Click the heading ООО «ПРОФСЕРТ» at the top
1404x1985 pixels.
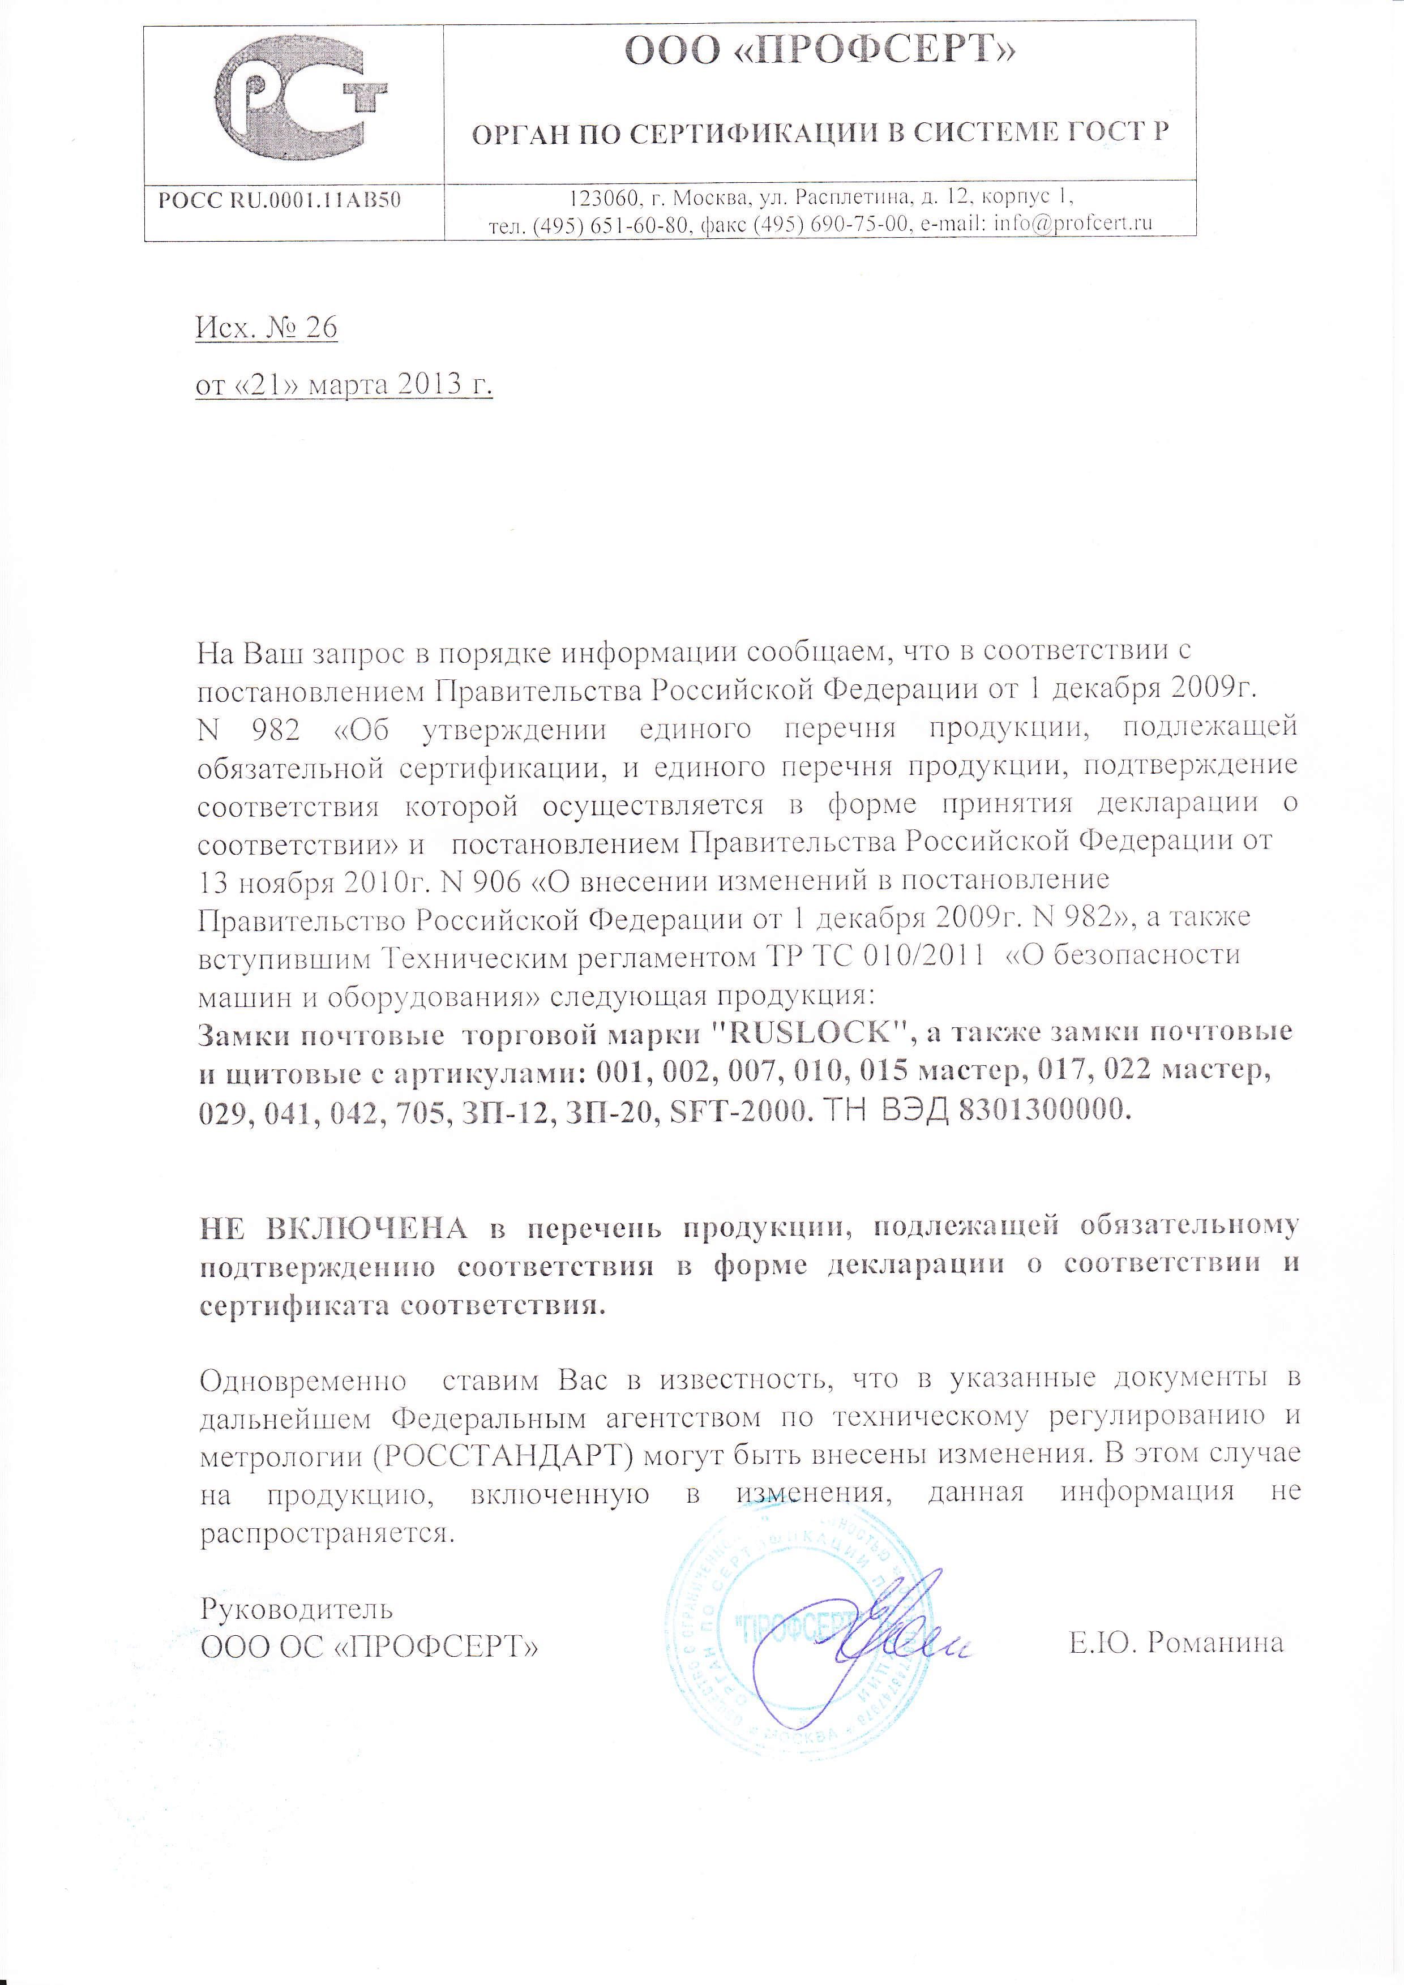819,52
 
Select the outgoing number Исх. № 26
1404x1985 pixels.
266,328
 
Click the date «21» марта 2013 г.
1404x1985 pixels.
344,384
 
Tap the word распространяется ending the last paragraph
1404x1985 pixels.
326,1534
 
